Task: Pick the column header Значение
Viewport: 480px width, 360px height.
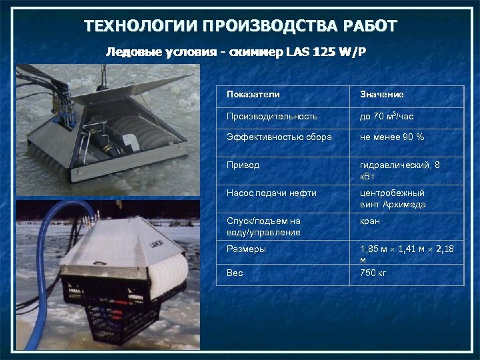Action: pos(381,94)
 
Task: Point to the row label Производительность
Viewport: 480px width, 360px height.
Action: pos(271,116)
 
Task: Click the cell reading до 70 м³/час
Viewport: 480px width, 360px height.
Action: pos(387,116)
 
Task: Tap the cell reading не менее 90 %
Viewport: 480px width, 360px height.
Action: pos(392,137)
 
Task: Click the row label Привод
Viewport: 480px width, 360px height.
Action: pos(243,164)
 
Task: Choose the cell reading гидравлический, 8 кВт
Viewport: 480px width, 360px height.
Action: pos(399,169)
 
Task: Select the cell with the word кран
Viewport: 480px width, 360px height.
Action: pos(370,221)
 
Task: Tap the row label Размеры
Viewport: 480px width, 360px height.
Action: pos(246,249)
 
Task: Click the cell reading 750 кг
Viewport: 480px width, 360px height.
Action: pos(373,273)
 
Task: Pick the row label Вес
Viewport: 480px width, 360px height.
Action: pos(235,273)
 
